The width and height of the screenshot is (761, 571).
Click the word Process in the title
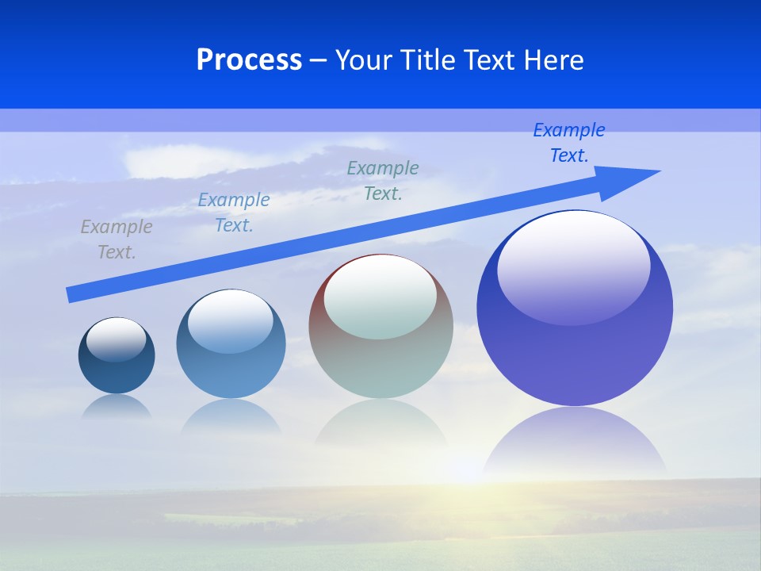click(x=249, y=60)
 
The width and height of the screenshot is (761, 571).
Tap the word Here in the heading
click(x=553, y=60)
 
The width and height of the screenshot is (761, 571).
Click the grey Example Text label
click(x=117, y=240)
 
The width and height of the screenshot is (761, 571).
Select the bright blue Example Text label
click(x=569, y=143)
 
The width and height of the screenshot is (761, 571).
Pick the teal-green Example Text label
click(x=383, y=181)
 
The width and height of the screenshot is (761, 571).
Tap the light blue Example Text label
click(x=234, y=213)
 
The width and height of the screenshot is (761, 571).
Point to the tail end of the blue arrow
click(x=73, y=295)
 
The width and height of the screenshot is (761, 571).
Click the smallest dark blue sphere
click(x=117, y=373)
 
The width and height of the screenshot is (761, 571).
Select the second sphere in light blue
click(x=231, y=373)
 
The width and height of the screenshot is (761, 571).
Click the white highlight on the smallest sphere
click(x=117, y=337)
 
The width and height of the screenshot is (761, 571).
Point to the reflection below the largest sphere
click(x=575, y=440)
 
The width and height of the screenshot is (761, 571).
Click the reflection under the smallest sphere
click(x=117, y=407)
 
